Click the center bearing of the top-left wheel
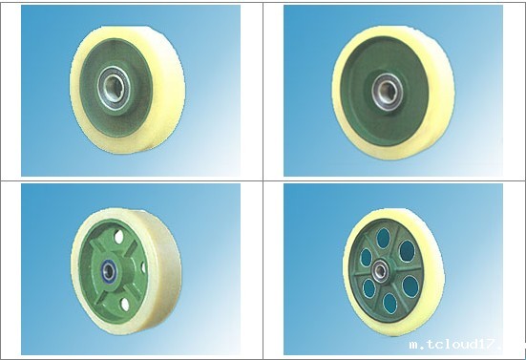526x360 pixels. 112,89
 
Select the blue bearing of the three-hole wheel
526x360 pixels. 108,269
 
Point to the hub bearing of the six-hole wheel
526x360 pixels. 380,269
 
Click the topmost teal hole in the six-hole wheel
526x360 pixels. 383,238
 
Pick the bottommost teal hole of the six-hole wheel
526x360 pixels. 389,304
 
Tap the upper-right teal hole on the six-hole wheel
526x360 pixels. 407,251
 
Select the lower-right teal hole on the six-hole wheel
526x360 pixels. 410,287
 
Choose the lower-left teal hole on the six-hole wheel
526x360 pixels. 369,288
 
